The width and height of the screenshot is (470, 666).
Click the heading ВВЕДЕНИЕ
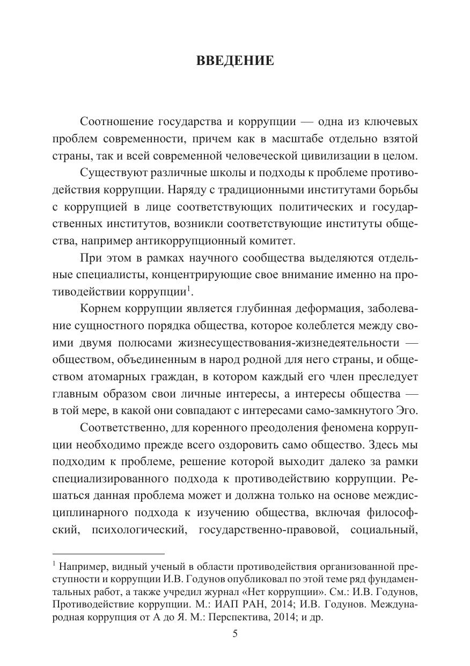(235, 60)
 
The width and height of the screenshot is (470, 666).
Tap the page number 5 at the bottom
(234, 633)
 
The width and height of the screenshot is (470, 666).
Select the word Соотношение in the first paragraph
(110, 122)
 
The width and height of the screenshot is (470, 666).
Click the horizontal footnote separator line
(108, 553)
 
